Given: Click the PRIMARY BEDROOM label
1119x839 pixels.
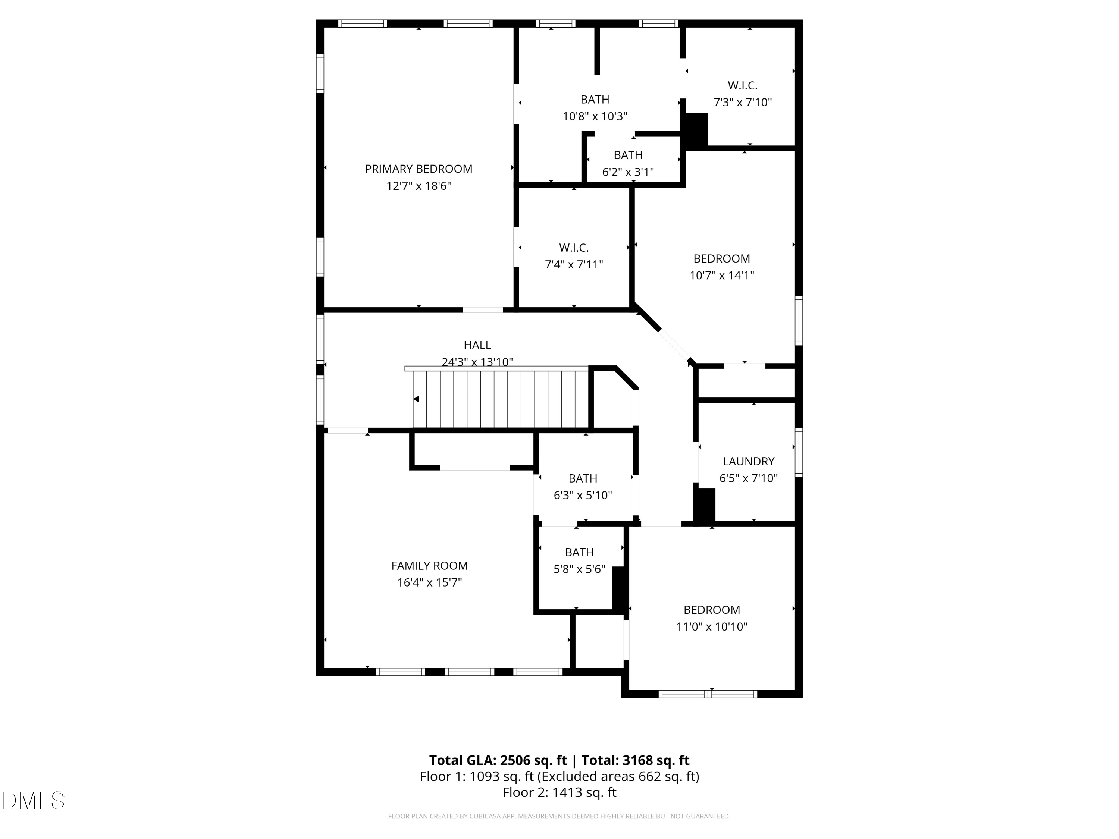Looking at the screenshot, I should coord(419,169).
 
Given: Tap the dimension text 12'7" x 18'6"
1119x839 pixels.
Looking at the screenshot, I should coord(419,186).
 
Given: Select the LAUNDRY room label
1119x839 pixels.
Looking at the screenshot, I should coord(748,461).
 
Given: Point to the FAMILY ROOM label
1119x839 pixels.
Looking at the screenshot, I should coord(429,565).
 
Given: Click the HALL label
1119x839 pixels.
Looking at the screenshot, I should coord(477,345).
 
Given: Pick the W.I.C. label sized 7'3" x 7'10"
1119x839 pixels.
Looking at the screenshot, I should coord(742,85).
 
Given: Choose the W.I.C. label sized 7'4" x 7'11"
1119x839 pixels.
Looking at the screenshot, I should coord(574,248).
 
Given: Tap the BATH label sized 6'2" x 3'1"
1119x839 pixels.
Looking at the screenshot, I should coord(628,155).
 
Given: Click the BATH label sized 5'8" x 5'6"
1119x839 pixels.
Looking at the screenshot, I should coord(579,552).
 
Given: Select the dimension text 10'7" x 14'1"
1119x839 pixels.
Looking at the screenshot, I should coord(721,276).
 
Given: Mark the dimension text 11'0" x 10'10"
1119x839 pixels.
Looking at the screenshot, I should coord(711,626).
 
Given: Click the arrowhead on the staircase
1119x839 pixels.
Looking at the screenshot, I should coord(416,399).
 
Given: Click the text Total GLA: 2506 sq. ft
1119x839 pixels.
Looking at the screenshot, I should coord(498,760).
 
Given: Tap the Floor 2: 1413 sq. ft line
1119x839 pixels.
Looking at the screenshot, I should coord(559,792).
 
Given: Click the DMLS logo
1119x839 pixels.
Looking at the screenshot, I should coord(34,801).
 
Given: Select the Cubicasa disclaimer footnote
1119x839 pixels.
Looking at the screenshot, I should coord(559,816).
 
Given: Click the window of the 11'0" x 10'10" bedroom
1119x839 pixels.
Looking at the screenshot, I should coord(708,694).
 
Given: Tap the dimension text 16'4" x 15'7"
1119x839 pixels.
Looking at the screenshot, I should coord(429,582).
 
